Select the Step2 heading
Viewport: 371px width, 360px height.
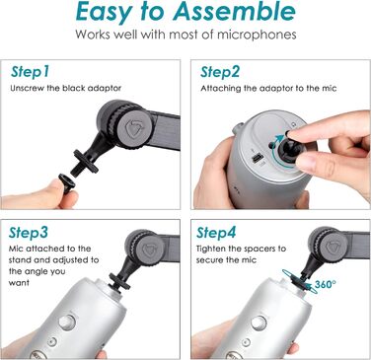point(221,72)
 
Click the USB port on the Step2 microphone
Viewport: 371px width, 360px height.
point(255,157)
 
